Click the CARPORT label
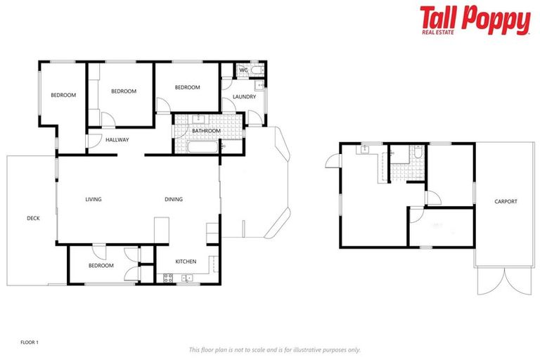click(506, 202)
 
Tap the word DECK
click(33, 218)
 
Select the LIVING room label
click(94, 200)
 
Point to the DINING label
click(174, 200)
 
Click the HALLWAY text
click(117, 140)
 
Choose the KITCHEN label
click(186, 262)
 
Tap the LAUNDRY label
click(244, 97)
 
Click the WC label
click(243, 70)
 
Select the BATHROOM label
click(207, 131)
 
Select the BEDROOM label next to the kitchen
click(101, 266)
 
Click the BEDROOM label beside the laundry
click(188, 87)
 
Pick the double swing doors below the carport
click(496, 281)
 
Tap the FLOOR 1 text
click(29, 342)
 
